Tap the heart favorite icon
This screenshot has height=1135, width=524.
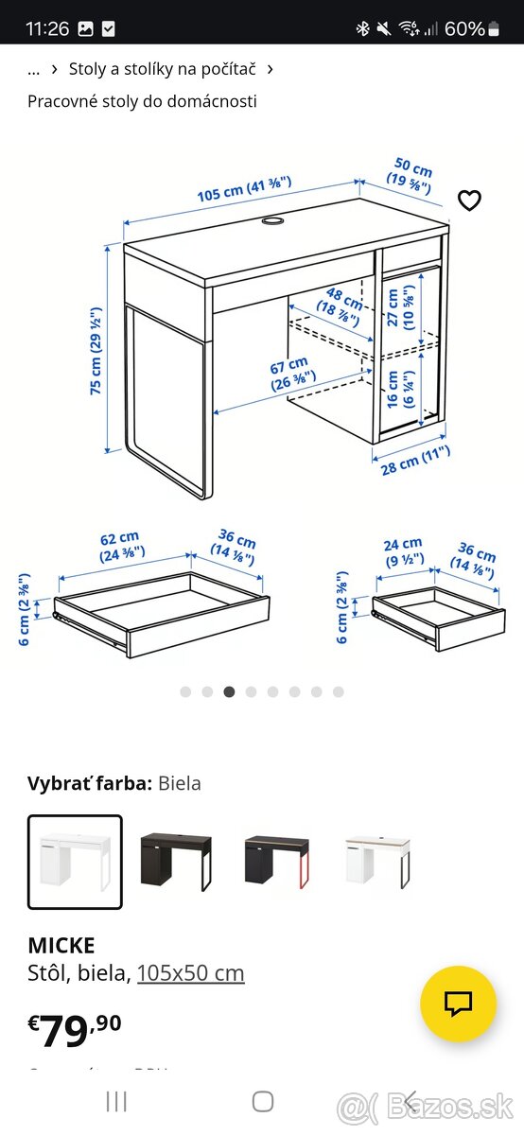click(469, 201)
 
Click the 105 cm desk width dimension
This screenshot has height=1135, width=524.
click(244, 188)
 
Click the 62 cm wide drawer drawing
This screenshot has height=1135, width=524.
click(162, 613)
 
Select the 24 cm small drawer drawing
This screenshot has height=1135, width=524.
click(438, 616)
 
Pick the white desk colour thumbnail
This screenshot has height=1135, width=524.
click(75, 861)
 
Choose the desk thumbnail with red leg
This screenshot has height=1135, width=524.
click(277, 861)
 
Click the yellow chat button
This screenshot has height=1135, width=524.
click(458, 1004)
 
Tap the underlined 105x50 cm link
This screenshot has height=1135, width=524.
click(190, 972)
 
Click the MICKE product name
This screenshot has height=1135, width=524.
click(61, 944)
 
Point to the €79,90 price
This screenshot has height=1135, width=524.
click(75, 1029)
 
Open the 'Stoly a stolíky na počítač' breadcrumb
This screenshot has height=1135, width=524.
click(162, 69)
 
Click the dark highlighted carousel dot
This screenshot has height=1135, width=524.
click(229, 691)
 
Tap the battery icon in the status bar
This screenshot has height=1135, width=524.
click(493, 29)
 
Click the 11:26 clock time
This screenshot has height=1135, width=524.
click(47, 29)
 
